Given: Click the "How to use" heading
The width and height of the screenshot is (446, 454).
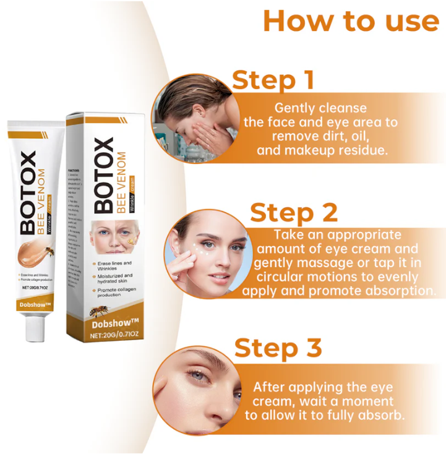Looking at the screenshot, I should [351, 20].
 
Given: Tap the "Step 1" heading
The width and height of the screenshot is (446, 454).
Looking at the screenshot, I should [273, 80].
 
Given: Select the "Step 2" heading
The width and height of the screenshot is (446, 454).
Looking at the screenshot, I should [294, 212].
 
